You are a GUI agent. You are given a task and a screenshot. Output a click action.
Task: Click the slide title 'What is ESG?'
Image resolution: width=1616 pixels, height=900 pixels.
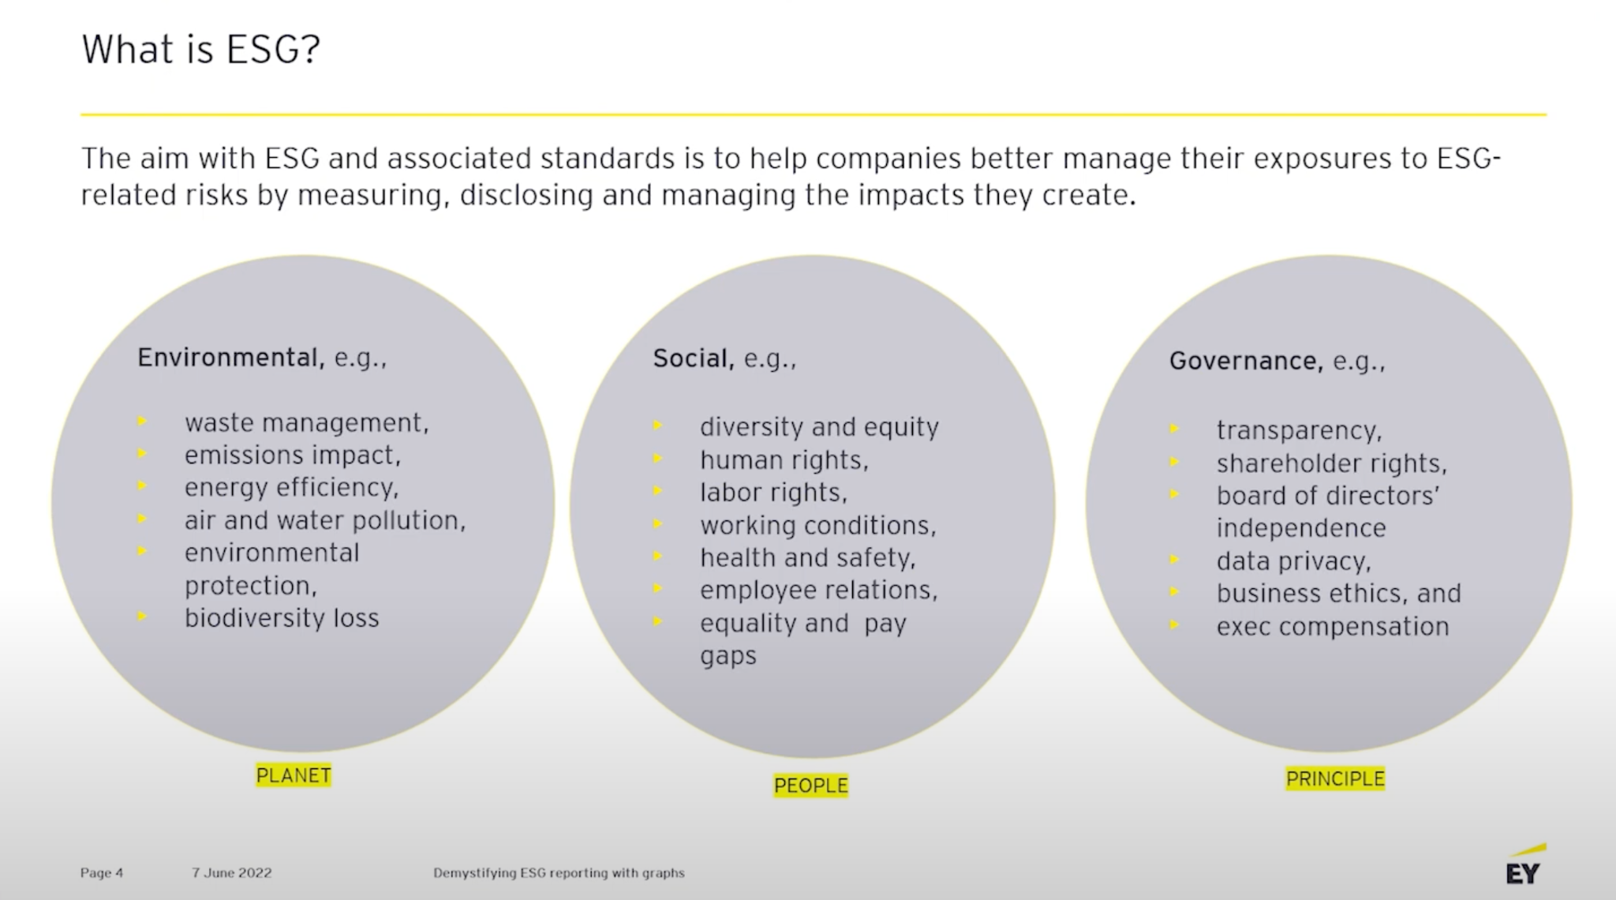click(x=200, y=49)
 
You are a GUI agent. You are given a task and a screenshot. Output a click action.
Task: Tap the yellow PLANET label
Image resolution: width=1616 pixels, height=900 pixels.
click(x=294, y=775)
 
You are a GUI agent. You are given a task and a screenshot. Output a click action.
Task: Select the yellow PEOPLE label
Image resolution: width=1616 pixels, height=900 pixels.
click(x=810, y=786)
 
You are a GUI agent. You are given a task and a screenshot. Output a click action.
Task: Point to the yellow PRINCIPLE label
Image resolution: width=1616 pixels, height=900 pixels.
click(x=1335, y=778)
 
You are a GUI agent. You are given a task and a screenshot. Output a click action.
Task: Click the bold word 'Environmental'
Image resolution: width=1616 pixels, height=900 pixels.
click(x=230, y=358)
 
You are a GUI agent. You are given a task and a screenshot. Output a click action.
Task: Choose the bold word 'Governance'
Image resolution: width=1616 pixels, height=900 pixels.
click(x=1245, y=361)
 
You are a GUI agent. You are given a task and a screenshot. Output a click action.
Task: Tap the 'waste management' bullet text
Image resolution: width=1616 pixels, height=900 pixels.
click(x=306, y=423)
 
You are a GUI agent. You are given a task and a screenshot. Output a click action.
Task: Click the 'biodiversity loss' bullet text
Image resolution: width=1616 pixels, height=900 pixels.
click(x=282, y=617)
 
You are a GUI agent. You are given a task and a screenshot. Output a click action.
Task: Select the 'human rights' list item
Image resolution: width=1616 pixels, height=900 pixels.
click(x=784, y=459)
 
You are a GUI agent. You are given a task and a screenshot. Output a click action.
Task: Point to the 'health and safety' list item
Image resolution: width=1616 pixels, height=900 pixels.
click(x=807, y=557)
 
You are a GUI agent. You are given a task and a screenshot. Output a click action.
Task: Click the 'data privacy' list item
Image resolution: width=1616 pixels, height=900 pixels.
click(x=1293, y=561)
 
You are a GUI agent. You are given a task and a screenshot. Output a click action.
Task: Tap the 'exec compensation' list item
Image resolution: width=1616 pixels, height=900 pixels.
click(x=1333, y=626)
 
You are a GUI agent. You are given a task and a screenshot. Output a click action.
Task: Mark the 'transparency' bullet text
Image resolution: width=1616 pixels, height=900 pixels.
click(x=1299, y=430)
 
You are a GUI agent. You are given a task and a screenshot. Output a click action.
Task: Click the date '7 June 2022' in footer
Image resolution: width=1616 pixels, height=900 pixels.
click(x=231, y=872)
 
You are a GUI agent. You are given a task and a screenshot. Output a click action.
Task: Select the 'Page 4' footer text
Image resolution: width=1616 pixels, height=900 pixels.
click(x=101, y=872)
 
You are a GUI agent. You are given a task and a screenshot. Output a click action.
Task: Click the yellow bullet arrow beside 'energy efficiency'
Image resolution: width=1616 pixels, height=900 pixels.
click(x=142, y=486)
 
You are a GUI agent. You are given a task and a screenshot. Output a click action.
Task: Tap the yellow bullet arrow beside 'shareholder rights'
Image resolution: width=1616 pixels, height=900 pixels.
click(x=1174, y=462)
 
